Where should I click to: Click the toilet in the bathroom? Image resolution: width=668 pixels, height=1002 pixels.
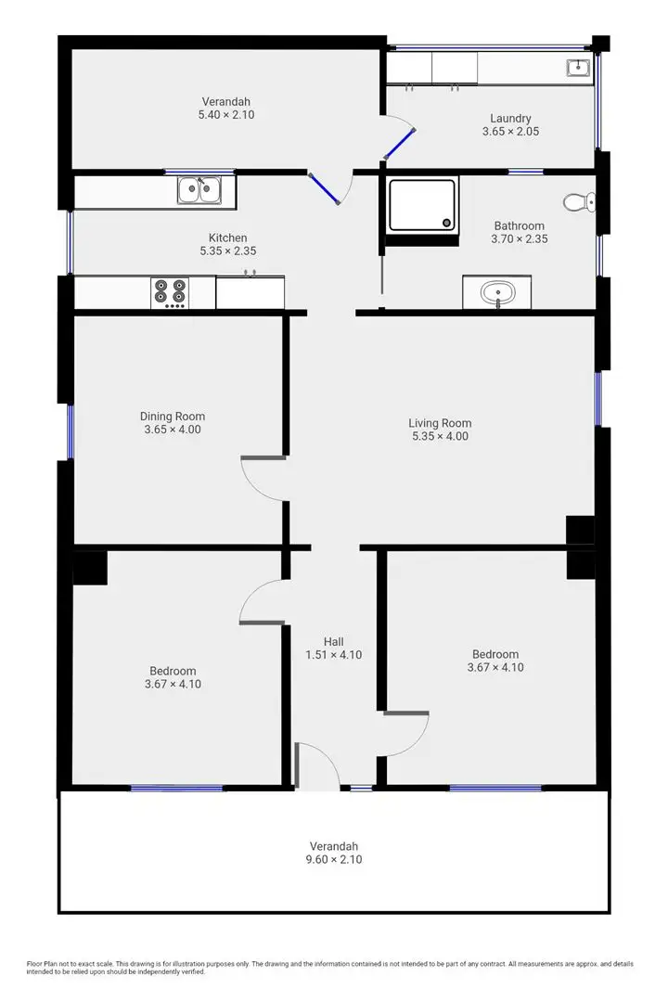click(579, 201)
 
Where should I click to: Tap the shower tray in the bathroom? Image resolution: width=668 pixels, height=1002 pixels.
click(422, 204)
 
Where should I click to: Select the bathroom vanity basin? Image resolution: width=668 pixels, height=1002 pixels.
click(497, 293)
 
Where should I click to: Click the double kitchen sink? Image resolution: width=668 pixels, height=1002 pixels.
click(199, 190)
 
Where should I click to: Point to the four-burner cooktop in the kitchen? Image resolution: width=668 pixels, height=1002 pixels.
click(169, 292)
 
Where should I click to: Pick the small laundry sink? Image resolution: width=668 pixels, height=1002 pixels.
click(579, 67)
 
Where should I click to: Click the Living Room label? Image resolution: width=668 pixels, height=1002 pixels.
click(441, 423)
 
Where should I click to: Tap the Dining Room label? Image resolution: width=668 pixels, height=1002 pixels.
click(173, 417)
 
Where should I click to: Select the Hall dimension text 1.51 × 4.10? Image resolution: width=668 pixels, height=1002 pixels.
click(333, 654)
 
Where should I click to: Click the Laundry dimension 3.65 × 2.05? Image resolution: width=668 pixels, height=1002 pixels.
click(510, 132)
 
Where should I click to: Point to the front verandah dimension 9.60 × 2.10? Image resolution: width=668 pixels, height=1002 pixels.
click(333, 859)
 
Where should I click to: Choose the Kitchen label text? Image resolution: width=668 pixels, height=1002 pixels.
click(227, 238)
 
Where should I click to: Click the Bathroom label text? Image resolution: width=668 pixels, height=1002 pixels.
click(519, 225)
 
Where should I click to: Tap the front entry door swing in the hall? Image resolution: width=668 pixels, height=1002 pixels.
click(318, 766)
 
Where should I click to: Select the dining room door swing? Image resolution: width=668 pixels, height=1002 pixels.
click(263, 478)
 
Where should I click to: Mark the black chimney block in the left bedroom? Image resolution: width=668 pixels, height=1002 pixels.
click(91, 568)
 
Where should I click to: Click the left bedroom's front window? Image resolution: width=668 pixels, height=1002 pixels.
click(176, 789)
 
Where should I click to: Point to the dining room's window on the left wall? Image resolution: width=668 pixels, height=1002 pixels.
click(70, 431)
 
